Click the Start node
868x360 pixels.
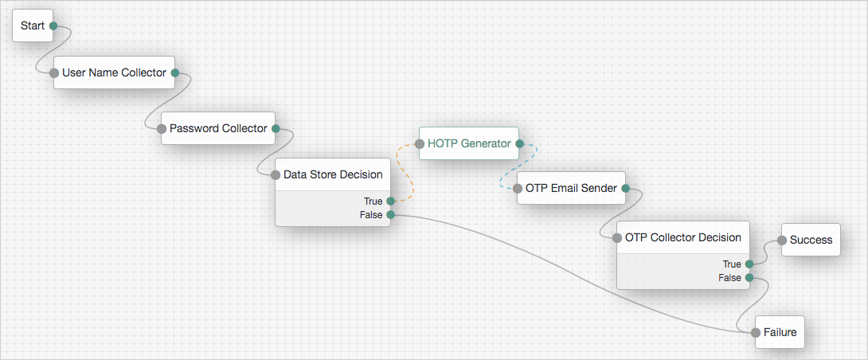click(x=33, y=25)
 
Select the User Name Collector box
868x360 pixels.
click(x=114, y=72)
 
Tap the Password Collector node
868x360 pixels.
click(x=218, y=128)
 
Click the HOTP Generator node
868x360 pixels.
click(x=469, y=143)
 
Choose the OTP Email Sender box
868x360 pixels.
click(x=571, y=188)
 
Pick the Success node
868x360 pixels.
click(x=811, y=240)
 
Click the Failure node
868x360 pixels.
click(x=780, y=332)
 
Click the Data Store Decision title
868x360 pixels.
click(x=333, y=174)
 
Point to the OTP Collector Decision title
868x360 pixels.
click(x=682, y=237)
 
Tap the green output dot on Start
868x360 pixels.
click(x=53, y=25)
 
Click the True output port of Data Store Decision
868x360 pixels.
click(x=390, y=201)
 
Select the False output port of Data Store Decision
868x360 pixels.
click(x=390, y=214)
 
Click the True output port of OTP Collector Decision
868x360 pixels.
click(x=749, y=264)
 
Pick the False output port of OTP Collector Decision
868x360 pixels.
click(x=749, y=277)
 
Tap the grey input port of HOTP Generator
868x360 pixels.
click(x=419, y=144)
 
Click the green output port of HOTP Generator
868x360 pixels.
click(x=519, y=144)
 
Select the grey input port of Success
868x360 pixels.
click(x=782, y=241)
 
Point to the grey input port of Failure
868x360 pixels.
click(x=756, y=333)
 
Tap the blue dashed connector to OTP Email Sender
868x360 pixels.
click(x=518, y=166)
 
